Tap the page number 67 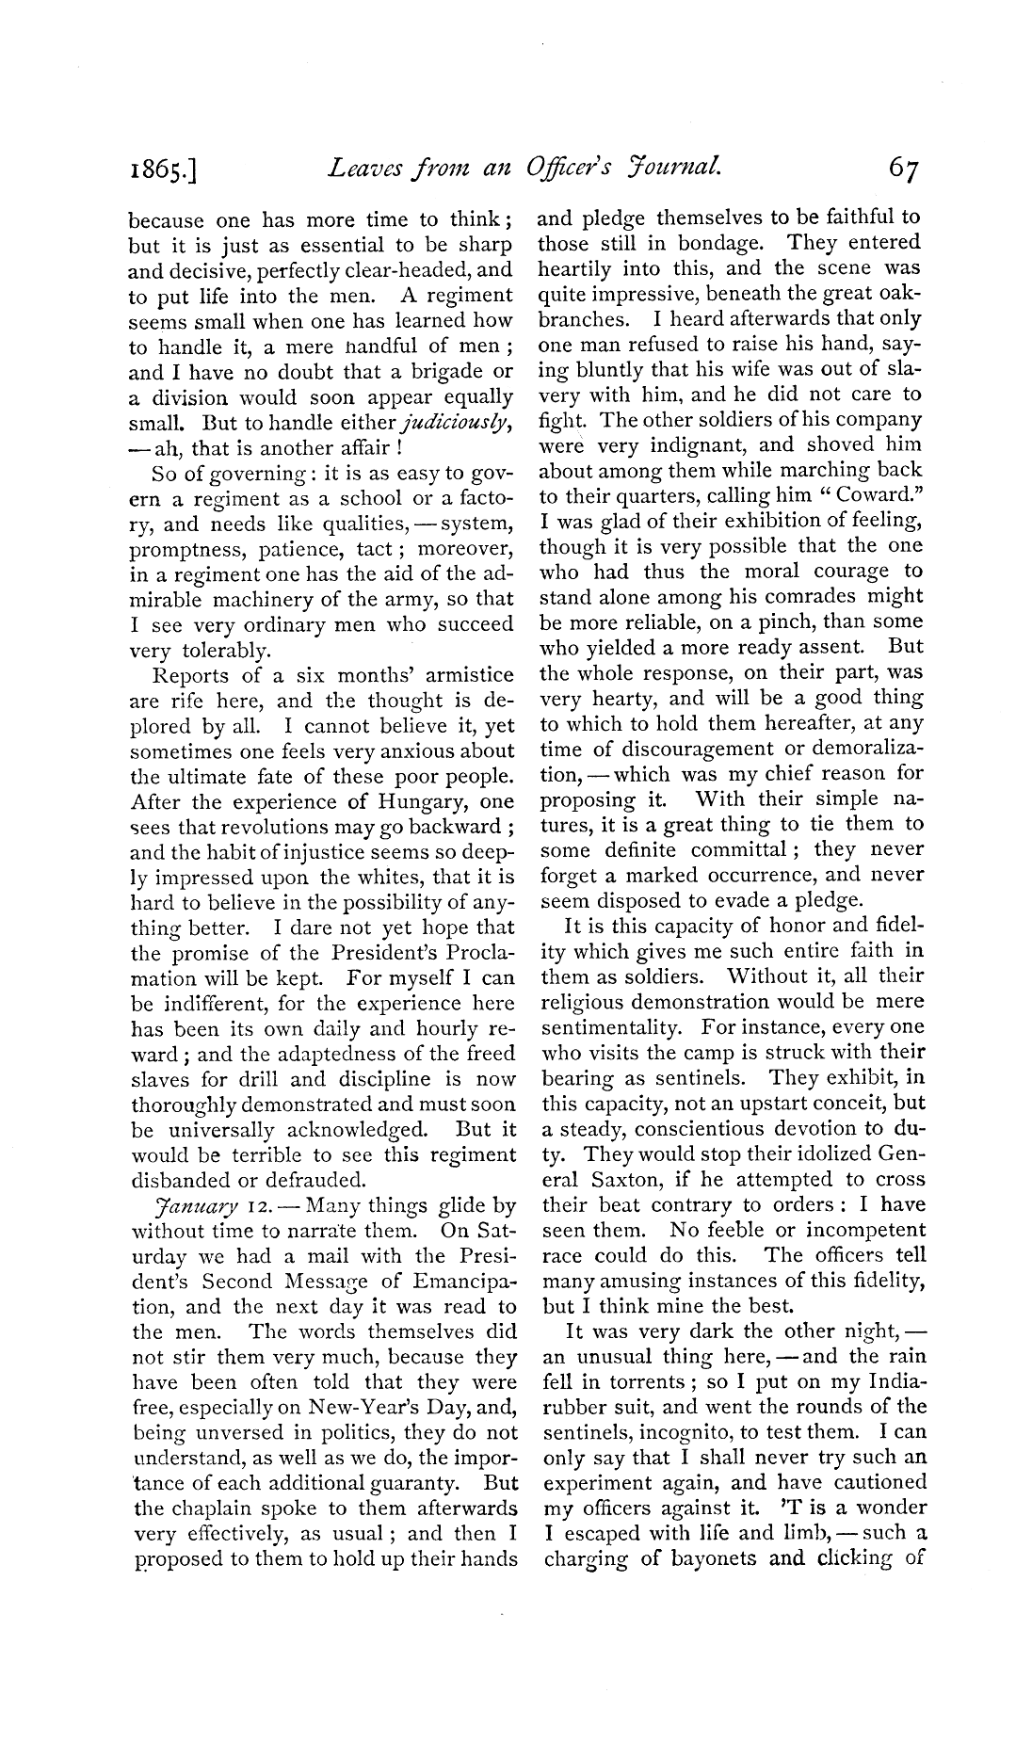[x=902, y=169]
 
